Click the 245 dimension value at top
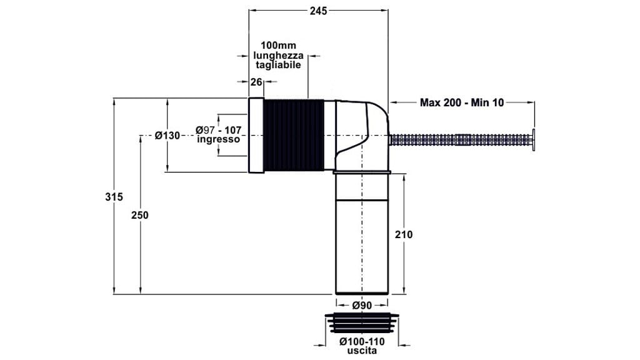[319, 11]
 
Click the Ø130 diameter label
[167, 135]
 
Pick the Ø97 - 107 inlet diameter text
[218, 129]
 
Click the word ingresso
[218, 139]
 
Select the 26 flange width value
[256, 82]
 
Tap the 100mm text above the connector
[278, 46]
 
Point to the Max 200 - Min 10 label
[461, 102]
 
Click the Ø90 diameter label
[362, 305]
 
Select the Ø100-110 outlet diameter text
[362, 342]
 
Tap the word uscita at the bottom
[362, 351]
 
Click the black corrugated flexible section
[294, 135]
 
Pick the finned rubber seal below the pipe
[362, 324]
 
